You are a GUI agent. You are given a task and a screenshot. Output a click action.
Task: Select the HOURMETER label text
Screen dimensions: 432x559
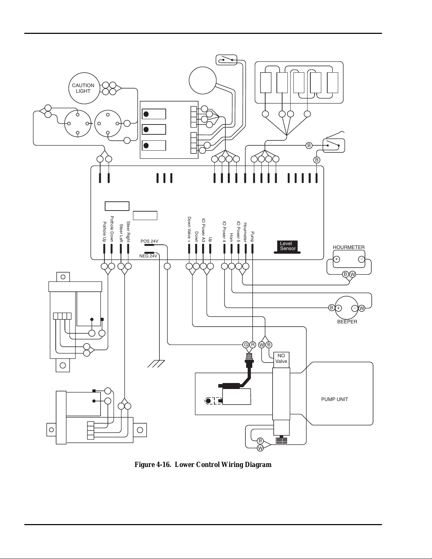(x=349, y=247)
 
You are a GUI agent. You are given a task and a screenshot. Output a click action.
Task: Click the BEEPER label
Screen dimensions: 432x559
(x=347, y=322)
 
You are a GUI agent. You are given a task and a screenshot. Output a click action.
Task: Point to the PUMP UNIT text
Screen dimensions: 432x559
(x=335, y=399)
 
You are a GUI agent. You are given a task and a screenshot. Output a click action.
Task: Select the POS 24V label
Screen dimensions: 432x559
(x=150, y=241)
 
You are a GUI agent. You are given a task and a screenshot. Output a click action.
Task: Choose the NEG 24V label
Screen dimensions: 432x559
(x=148, y=256)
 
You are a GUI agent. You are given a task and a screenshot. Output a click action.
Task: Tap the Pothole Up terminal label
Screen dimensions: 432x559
(x=104, y=232)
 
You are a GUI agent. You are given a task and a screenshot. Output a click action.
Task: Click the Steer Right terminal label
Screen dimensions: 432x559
(x=128, y=232)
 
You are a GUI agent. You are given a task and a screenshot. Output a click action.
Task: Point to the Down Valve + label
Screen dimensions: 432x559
(x=189, y=230)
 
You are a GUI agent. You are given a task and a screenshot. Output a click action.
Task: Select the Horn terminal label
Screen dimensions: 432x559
(x=231, y=238)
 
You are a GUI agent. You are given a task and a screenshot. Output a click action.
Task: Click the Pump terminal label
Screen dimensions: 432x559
(x=252, y=237)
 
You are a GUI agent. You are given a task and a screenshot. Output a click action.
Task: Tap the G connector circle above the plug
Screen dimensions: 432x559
(x=246, y=345)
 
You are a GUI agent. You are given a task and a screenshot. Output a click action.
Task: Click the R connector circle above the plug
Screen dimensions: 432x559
(x=252, y=345)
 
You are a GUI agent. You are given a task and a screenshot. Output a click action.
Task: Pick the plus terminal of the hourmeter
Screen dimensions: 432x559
(x=336, y=259)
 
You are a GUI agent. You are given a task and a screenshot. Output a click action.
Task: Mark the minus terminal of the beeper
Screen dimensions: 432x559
(x=355, y=308)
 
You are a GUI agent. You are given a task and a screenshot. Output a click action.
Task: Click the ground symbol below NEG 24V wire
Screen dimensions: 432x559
(x=156, y=364)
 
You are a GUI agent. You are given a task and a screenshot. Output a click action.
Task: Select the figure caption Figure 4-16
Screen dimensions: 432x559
(x=203, y=464)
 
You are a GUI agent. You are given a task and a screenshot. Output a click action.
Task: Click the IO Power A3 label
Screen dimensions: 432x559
(x=203, y=231)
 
